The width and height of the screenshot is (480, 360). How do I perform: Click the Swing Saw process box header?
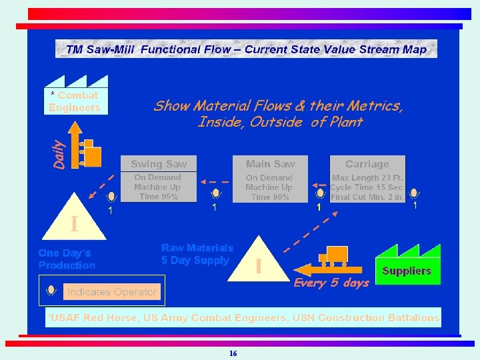(159, 164)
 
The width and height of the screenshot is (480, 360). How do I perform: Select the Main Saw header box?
(270, 164)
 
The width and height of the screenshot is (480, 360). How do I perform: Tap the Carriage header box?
(367, 164)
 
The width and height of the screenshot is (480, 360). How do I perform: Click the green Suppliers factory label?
(407, 271)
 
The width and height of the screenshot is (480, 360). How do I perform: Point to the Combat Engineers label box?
(75, 101)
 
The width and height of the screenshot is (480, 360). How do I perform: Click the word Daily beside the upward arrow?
(59, 153)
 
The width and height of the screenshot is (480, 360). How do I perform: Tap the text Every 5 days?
(331, 283)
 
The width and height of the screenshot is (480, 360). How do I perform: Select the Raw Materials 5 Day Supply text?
(197, 254)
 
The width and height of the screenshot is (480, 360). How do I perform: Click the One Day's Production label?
(67, 259)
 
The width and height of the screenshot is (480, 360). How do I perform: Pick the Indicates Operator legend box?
(111, 291)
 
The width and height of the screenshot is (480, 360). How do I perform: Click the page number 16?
(233, 353)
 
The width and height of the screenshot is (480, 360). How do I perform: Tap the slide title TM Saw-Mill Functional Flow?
(246, 49)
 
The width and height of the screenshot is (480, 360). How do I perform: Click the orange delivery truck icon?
(333, 255)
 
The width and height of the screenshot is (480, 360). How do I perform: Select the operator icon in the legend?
(51, 291)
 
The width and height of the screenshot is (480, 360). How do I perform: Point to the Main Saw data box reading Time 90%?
(269, 187)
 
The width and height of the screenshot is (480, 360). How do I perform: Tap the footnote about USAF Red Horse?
(243, 317)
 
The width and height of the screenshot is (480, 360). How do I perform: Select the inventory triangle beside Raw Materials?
(259, 260)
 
